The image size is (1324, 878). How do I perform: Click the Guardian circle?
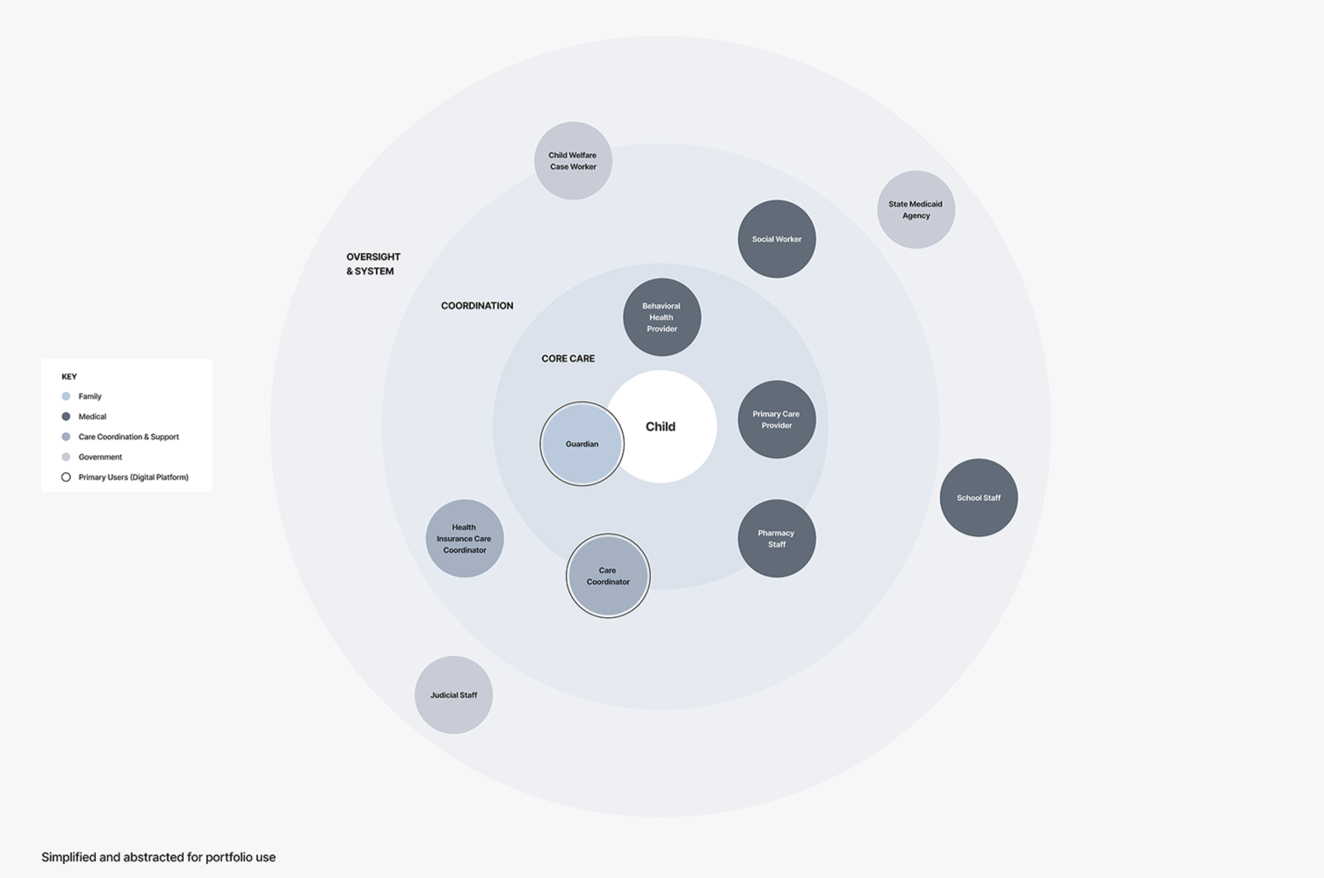(582, 444)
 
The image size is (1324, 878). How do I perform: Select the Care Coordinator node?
(608, 576)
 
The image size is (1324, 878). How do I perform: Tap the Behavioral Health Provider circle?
(662, 317)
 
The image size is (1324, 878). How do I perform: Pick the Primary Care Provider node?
(777, 419)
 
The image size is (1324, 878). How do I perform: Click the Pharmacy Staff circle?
(777, 539)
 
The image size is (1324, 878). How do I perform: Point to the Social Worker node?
(777, 239)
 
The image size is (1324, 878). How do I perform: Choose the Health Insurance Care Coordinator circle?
(464, 539)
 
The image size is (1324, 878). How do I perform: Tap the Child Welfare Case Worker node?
(573, 161)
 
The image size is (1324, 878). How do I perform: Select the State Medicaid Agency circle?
(915, 209)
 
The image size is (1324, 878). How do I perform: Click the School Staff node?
(979, 497)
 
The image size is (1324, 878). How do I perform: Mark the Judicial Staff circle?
(453, 695)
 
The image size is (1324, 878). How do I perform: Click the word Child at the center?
(661, 427)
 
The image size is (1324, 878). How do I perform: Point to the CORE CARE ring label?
(568, 359)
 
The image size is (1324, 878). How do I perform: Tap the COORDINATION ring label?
(477, 306)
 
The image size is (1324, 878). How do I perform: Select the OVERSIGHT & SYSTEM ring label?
(373, 264)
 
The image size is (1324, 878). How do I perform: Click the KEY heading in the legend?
(69, 376)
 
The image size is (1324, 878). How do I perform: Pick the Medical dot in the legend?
(66, 417)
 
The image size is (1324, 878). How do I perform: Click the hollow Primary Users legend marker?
(66, 477)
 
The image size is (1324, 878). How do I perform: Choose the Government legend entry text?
(100, 457)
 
